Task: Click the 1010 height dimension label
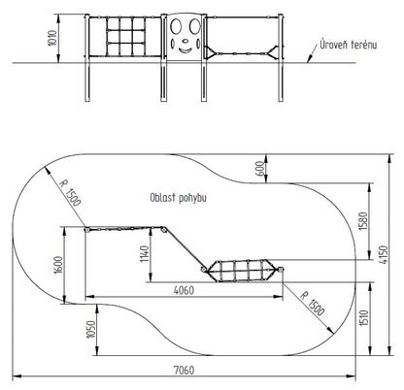[x=52, y=38]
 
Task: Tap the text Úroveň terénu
[x=349, y=45]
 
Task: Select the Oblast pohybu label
[x=178, y=198]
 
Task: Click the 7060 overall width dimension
[x=185, y=370]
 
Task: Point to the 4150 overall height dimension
[x=383, y=255]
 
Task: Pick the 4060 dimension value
[x=184, y=290]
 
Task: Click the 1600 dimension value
[x=58, y=265]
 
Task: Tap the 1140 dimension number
[x=145, y=254]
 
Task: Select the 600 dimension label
[x=259, y=169]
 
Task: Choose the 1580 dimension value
[x=364, y=221]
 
